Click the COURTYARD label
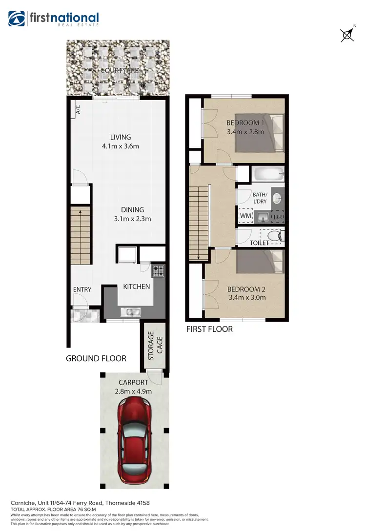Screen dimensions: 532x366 click(120, 70)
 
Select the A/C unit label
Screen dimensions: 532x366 click(78, 110)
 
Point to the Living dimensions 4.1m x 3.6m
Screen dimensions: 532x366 click(120, 146)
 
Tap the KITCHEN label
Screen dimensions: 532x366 click(136, 286)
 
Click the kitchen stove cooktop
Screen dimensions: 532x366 click(159, 271)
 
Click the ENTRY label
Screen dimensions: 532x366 click(82, 289)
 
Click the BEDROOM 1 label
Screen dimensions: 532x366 click(245, 123)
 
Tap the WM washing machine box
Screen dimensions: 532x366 click(245, 216)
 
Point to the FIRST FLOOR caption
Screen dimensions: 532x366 click(209, 329)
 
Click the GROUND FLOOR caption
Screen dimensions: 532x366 click(96, 359)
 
